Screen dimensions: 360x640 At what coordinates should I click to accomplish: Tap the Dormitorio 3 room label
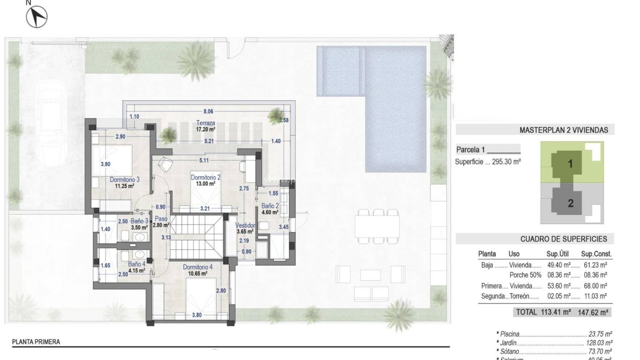(125, 179)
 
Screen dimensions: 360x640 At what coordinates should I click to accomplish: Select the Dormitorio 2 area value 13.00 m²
(206, 184)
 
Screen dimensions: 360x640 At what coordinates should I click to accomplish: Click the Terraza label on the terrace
(206, 123)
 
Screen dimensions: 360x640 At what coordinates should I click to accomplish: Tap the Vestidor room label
(245, 225)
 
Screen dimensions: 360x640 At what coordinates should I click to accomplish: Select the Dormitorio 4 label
(197, 267)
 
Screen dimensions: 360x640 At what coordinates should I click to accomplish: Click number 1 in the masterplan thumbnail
(571, 164)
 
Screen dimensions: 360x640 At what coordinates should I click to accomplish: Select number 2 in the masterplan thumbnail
(571, 203)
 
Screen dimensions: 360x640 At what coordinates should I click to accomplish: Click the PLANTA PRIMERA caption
(36, 342)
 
